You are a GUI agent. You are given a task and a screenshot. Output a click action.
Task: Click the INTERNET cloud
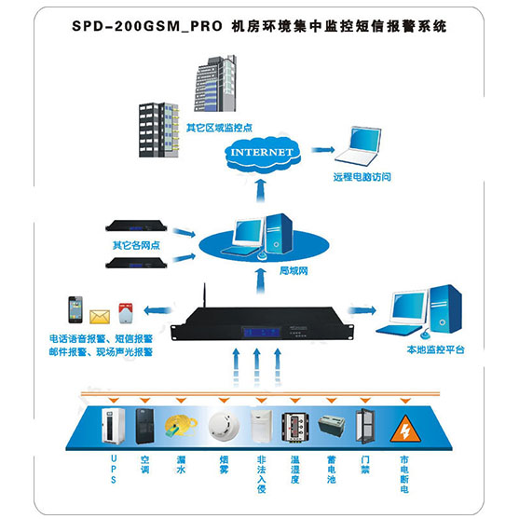(x=262, y=153)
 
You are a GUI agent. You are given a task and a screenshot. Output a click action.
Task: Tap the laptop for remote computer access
(x=359, y=146)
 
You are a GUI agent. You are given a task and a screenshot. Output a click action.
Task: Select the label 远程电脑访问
(x=362, y=177)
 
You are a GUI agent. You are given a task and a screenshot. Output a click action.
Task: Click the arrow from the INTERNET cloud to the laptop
(x=323, y=150)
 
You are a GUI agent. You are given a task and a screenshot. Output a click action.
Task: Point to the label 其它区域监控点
(x=219, y=128)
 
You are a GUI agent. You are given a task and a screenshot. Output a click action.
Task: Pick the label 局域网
(x=294, y=271)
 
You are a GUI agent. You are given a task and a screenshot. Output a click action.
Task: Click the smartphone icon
(x=75, y=309)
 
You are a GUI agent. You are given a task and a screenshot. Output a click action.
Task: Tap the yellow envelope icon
(x=100, y=317)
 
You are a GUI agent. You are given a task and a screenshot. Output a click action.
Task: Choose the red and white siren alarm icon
(x=126, y=313)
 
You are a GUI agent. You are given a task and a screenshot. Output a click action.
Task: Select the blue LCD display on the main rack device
(x=262, y=332)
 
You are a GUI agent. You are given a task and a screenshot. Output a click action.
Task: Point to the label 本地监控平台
(x=435, y=349)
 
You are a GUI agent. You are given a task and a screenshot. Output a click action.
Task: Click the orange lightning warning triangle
(x=405, y=430)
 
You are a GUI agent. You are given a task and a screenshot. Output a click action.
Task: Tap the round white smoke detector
(x=224, y=426)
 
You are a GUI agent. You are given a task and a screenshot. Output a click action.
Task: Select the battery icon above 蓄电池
(x=332, y=425)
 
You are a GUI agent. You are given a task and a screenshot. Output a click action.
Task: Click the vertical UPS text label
(x=114, y=470)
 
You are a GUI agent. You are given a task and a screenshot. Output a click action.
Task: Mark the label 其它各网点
(x=136, y=245)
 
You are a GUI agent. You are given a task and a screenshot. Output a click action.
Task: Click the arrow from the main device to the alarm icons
(x=157, y=310)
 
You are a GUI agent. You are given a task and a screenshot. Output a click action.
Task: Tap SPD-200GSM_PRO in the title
(x=147, y=26)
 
